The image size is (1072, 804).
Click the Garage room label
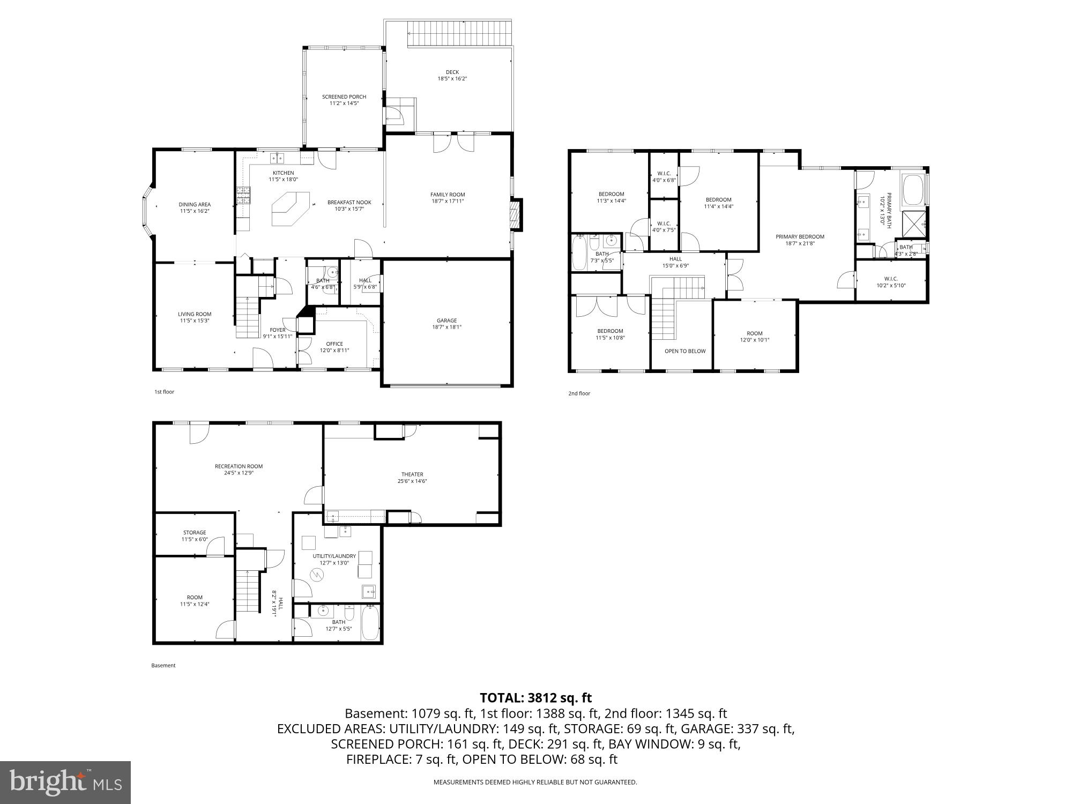coord(446,321)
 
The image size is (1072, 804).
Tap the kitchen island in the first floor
coord(290,209)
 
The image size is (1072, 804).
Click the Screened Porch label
coord(344,97)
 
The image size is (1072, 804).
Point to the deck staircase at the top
coord(459,34)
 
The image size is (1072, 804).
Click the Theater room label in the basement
coord(412,474)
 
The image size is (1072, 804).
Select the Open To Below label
coord(685,351)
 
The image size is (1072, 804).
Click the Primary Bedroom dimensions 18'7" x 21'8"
coord(800,243)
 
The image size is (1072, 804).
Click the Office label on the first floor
coord(334,344)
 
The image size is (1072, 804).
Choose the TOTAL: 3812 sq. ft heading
coord(535,698)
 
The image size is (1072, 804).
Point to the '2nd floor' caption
coord(579,393)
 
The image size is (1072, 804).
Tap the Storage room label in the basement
coord(195,533)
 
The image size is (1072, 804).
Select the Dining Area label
coord(195,204)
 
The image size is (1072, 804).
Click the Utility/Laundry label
coord(334,556)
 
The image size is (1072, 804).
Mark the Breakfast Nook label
coord(349,203)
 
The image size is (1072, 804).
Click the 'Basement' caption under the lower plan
coord(163,666)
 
